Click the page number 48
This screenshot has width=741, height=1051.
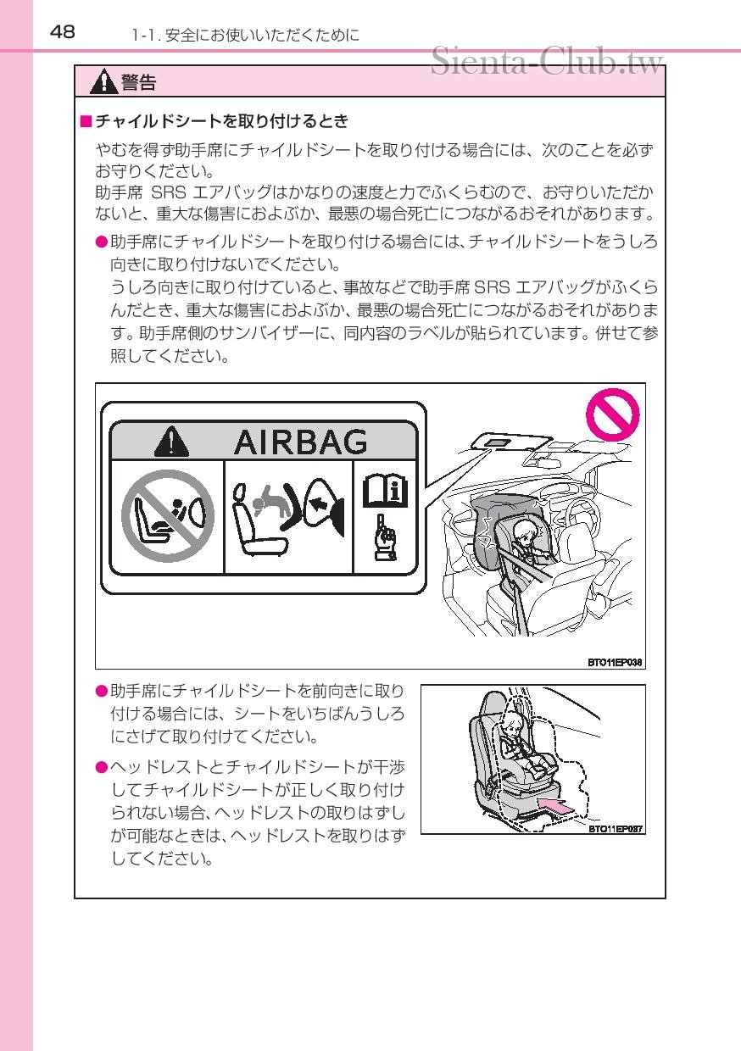(63, 32)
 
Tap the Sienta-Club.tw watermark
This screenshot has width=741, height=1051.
(547, 61)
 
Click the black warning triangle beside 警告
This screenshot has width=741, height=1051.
(103, 81)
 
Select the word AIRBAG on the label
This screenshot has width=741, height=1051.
(300, 442)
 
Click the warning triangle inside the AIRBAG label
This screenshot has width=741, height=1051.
(172, 442)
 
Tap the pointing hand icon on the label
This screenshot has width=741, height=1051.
(385, 538)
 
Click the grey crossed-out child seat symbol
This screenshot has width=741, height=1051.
(168, 516)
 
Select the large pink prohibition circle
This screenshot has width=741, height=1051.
(612, 414)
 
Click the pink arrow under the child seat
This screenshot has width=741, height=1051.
(557, 805)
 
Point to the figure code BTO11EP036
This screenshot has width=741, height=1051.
(615, 663)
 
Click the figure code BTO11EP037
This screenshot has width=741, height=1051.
(616, 829)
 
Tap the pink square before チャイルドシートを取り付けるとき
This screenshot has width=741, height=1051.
(86, 121)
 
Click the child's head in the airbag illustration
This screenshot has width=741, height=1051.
(526, 532)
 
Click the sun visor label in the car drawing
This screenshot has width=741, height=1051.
(498, 442)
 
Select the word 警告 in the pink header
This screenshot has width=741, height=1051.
(138, 82)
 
